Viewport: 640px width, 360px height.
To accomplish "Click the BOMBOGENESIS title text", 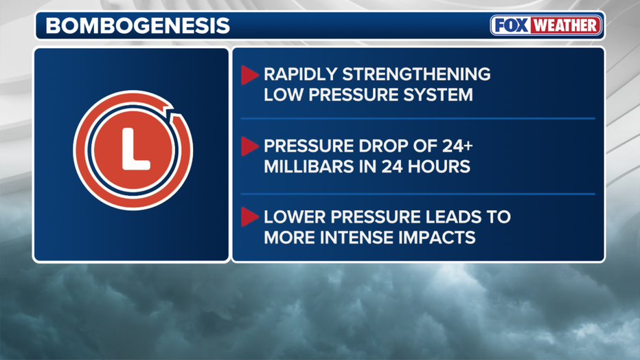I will click(x=137, y=26).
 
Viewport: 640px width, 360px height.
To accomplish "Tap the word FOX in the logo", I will click(x=511, y=26).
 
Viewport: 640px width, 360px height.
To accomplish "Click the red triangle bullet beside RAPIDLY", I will click(x=249, y=76).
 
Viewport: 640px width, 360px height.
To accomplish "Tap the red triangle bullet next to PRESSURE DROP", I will click(x=249, y=146).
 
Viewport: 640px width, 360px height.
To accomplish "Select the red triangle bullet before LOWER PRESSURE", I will click(x=249, y=218).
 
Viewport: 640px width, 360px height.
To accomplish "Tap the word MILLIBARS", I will click(x=307, y=166).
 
